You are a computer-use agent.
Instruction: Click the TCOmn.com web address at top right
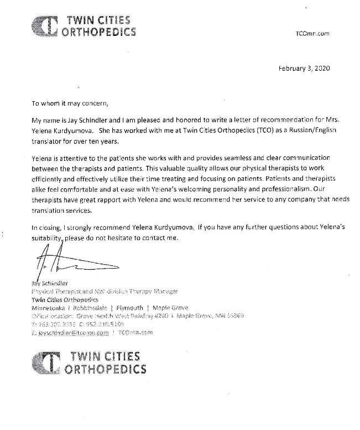coord(313,33)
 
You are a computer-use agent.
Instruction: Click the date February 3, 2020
coord(304,69)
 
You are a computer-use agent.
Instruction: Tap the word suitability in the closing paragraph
coord(47,238)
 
